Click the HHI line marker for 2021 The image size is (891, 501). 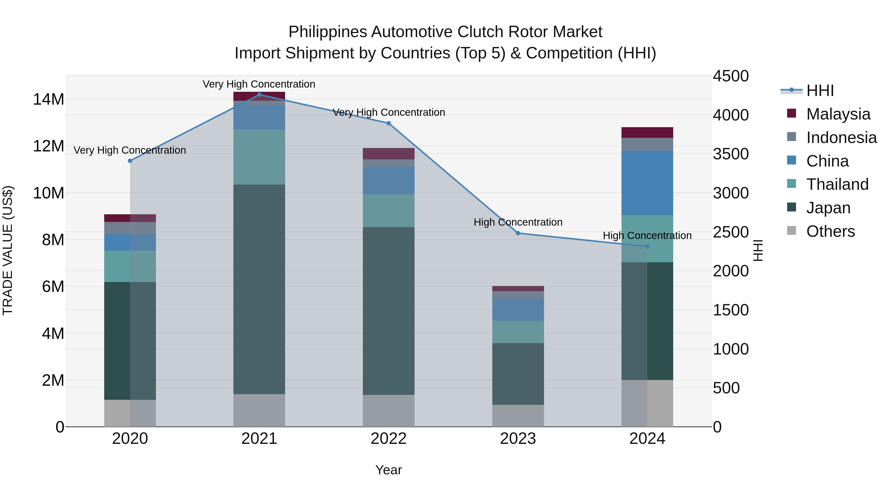point(259,95)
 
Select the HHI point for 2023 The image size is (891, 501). point(518,233)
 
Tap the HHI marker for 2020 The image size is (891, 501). point(130,161)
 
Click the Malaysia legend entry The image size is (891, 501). point(838,114)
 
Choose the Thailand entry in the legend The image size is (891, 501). point(837,184)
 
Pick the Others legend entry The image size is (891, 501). point(830,231)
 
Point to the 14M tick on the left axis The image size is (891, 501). point(49,99)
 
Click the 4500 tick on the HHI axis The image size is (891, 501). point(731,76)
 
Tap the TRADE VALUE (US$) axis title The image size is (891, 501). point(8,250)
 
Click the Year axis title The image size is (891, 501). point(388,470)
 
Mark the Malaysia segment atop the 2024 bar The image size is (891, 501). point(647,132)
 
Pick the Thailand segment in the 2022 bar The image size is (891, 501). point(388,211)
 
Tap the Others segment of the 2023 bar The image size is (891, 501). point(518,416)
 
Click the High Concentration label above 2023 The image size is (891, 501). point(518,222)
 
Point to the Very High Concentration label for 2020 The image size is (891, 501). point(130,150)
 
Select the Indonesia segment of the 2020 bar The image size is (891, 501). point(130,228)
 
